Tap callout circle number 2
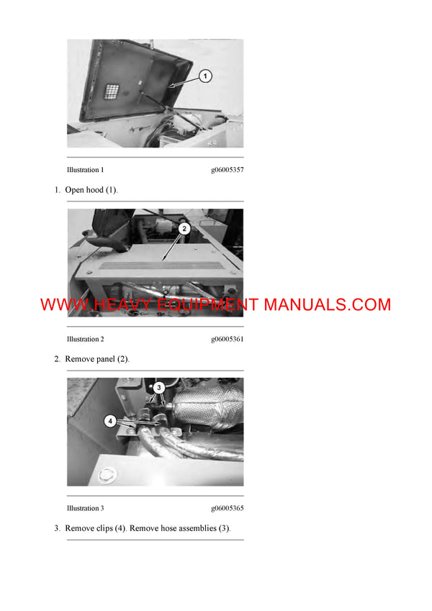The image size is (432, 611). (x=184, y=229)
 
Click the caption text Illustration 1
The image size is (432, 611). (x=85, y=170)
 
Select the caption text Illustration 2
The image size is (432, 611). (x=85, y=339)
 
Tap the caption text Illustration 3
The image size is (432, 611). (x=85, y=508)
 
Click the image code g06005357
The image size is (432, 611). (x=227, y=170)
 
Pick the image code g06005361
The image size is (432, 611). (x=227, y=339)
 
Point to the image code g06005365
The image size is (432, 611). (x=227, y=508)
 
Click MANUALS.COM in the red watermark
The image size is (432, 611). (x=328, y=304)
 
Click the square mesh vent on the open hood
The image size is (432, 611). (x=112, y=93)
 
